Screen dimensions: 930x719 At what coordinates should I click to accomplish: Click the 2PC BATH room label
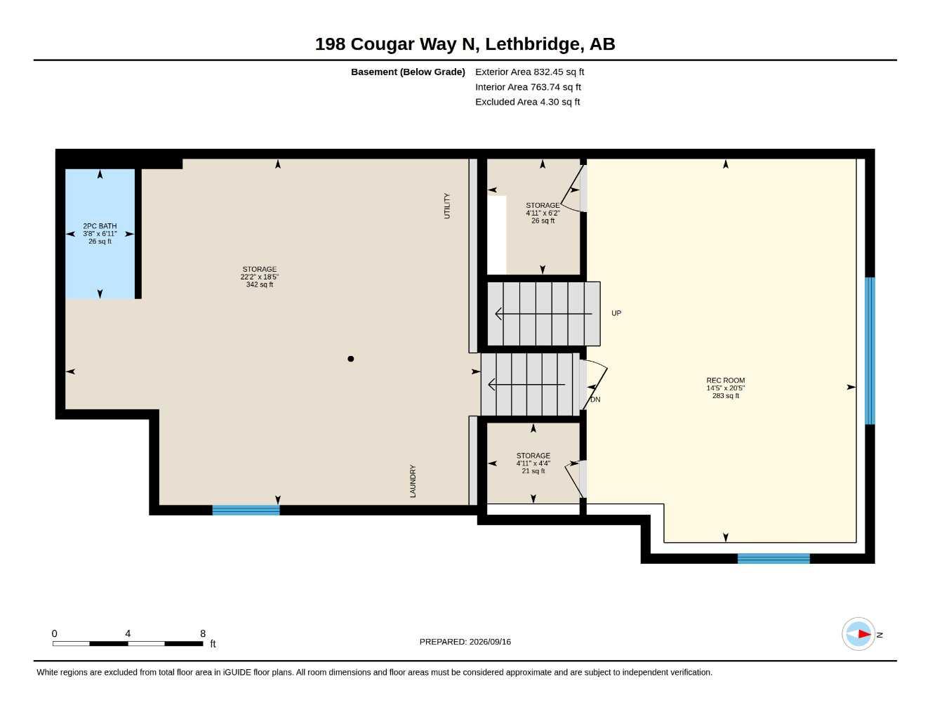click(100, 226)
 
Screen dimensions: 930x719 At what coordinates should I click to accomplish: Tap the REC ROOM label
click(726, 380)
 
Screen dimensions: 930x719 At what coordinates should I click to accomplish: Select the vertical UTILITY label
click(447, 206)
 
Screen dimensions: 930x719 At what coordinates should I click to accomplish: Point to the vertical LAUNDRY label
click(413, 481)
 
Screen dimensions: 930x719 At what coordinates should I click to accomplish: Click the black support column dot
click(350, 359)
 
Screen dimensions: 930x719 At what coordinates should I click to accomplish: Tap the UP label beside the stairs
click(616, 313)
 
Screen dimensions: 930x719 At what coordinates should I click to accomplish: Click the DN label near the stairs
click(595, 400)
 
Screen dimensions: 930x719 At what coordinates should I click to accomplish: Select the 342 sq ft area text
click(260, 284)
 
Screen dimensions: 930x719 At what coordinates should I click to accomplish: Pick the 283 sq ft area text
click(726, 396)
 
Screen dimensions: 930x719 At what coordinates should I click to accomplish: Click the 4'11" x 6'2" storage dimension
click(543, 213)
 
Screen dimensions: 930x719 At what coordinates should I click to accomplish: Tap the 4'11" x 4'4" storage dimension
click(533, 463)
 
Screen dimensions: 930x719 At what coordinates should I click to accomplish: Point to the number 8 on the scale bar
click(203, 633)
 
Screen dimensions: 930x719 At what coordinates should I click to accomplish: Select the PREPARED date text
click(465, 642)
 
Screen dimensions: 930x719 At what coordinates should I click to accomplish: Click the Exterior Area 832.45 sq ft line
click(529, 72)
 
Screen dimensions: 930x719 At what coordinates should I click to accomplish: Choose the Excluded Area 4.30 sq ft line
click(527, 102)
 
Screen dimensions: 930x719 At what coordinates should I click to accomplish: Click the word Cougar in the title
click(383, 44)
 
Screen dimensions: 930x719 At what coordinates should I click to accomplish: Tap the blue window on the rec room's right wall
click(870, 351)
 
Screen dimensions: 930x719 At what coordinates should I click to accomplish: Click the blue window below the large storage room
click(246, 510)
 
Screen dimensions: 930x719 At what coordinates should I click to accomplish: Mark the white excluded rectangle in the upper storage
click(497, 235)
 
